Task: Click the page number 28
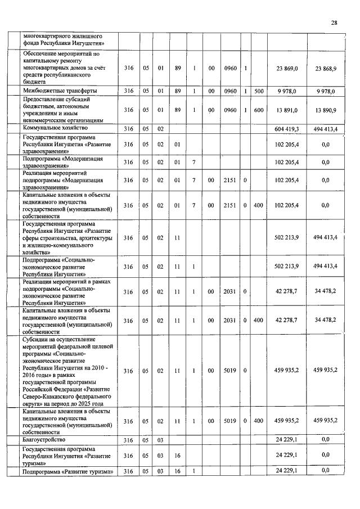coord(334,22)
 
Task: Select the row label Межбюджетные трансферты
coord(59,91)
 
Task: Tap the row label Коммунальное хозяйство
coord(55,128)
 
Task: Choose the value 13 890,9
coord(326,110)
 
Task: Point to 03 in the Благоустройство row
coord(160,439)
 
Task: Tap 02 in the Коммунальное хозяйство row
coord(160,129)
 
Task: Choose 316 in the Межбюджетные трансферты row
coord(129,91)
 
